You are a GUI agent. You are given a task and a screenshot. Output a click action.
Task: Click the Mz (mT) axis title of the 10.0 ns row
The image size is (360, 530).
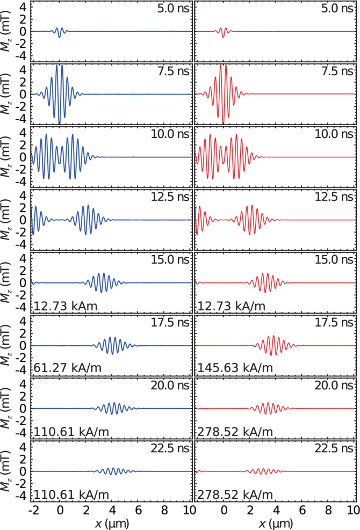pyautogui.click(x=6, y=157)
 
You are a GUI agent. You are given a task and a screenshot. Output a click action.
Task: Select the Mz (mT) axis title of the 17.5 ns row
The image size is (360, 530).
pyautogui.click(x=6, y=345)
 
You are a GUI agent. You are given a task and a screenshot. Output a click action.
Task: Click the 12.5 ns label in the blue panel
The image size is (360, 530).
pyautogui.click(x=170, y=197)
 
